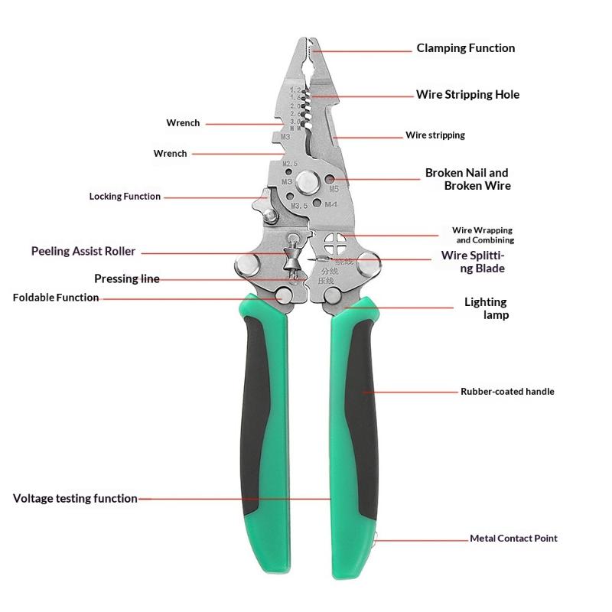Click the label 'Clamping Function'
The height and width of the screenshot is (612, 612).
pos(466,48)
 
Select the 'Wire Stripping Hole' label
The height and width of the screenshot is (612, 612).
pos(467,94)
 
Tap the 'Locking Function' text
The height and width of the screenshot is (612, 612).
pos(125,197)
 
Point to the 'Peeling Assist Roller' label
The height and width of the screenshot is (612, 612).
pos(83,251)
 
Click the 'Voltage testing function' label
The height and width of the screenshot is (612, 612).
pos(75,499)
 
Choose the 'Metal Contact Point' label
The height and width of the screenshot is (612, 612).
pos(513,539)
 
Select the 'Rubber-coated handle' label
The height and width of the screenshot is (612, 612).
pos(507,392)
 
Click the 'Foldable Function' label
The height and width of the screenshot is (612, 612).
pos(56,298)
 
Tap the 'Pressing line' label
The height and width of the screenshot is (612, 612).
pos(127,278)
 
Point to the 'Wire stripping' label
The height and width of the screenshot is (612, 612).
pos(435,135)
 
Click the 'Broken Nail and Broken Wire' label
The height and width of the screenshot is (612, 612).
pos(468,179)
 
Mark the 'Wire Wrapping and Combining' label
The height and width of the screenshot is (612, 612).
pos(483,235)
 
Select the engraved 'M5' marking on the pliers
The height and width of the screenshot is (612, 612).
pos(334,189)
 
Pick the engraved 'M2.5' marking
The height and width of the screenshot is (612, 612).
pos(290,163)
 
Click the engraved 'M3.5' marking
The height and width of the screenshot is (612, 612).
pos(299,206)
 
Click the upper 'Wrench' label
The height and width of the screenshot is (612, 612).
pos(183,123)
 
